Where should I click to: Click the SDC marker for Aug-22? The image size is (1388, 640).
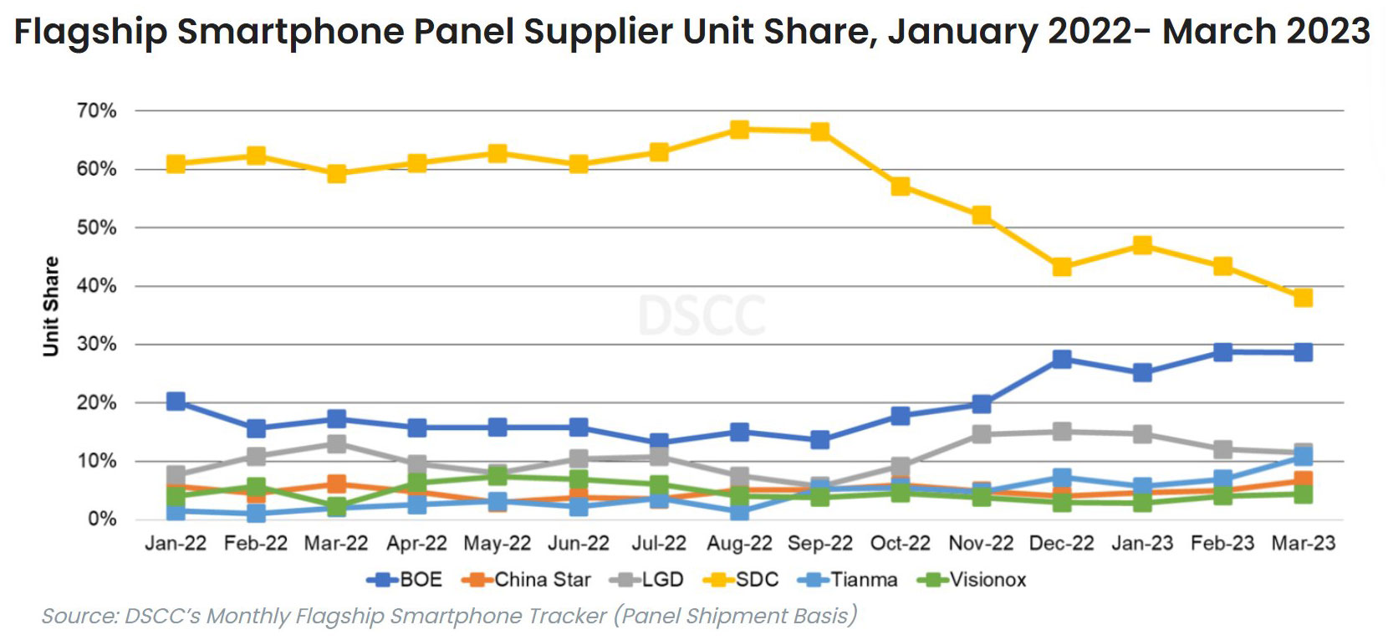click(739, 130)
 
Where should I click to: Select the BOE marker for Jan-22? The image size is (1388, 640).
click(176, 402)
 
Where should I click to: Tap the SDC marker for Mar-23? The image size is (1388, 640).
click(1303, 298)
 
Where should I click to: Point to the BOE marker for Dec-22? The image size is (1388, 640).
click(1062, 359)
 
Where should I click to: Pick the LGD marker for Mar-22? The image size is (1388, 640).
click(337, 443)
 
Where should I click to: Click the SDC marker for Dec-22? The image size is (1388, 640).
click(1062, 267)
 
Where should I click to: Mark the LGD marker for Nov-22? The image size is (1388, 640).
click(982, 434)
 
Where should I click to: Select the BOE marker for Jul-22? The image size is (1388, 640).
click(659, 442)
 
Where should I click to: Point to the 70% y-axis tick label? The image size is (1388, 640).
click(96, 110)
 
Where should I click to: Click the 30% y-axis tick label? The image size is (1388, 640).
click(96, 344)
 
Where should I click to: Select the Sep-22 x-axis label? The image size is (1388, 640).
click(820, 544)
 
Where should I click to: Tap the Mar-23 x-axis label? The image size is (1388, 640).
click(1303, 544)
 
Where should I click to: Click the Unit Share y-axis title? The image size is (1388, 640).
click(51, 306)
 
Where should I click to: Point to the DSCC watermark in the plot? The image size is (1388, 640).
click(702, 316)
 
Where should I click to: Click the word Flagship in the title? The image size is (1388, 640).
click(91, 32)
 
